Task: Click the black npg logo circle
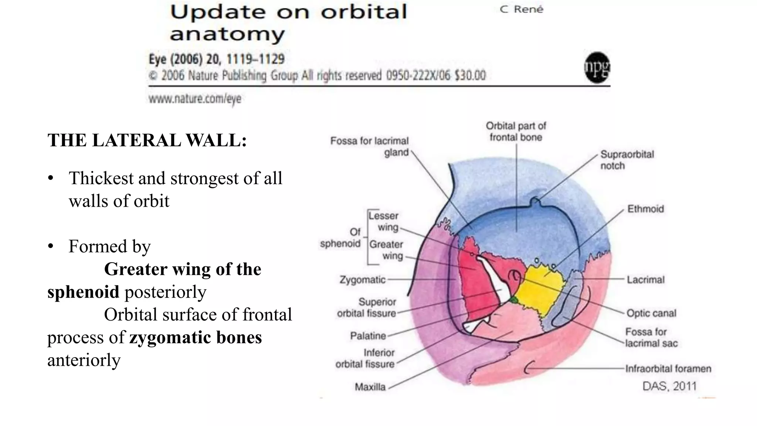597,68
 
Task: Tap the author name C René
522,9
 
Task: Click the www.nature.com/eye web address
195,99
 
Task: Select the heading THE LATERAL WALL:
147,141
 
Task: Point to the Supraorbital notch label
627,160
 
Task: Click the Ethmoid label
645,209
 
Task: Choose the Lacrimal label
645,280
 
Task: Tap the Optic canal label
651,313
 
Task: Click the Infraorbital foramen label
668,369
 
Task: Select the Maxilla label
370,387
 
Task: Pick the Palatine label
368,336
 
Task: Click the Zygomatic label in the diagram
362,280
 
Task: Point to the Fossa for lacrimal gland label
370,146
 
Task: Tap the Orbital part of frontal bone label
516,131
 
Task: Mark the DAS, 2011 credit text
669,386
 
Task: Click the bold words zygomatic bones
196,337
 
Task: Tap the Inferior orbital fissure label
365,358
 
